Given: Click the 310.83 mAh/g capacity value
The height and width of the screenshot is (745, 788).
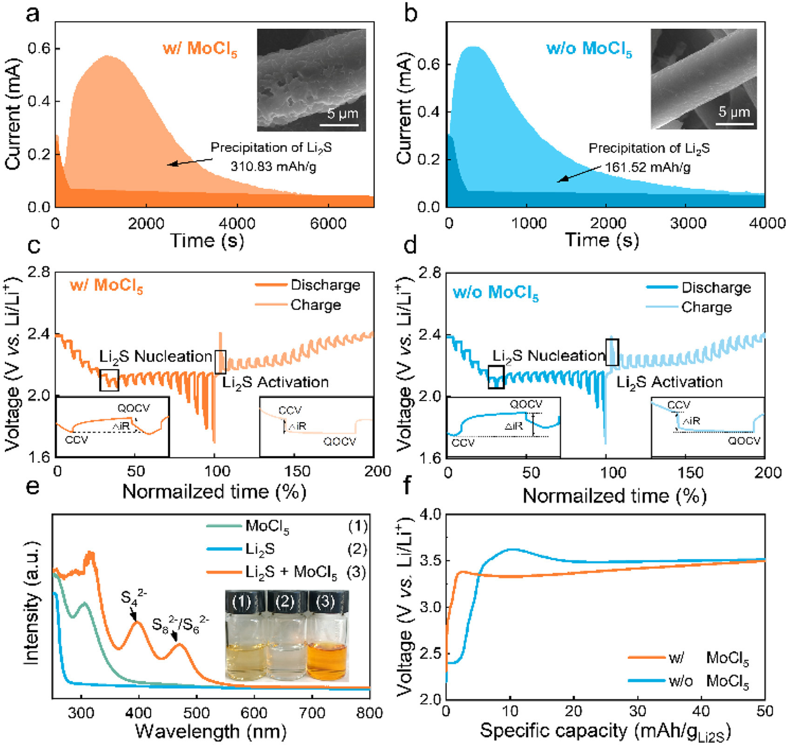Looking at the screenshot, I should (x=273, y=166).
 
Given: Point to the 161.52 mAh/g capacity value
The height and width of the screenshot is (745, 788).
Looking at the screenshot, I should (x=647, y=167).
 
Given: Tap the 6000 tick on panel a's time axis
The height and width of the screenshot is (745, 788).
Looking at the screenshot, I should (x=328, y=223).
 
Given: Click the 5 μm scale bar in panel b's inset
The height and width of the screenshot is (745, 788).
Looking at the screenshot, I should (x=734, y=123).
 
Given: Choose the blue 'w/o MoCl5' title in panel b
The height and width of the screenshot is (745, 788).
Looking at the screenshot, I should (x=589, y=49).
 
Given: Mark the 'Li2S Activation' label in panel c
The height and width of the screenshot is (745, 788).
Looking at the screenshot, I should (x=275, y=383).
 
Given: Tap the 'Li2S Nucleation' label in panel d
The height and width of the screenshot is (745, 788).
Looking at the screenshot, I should (x=548, y=356).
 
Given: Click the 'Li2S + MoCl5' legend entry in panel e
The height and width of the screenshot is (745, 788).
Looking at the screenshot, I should (x=291, y=572).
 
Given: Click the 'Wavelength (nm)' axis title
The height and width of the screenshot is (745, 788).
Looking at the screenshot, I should (x=210, y=731).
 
